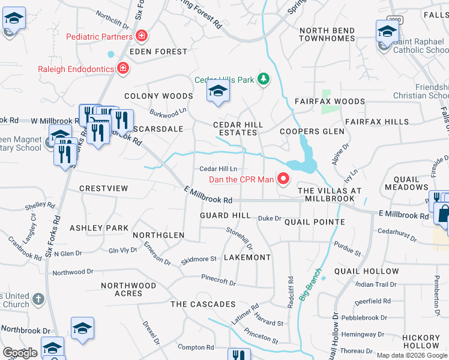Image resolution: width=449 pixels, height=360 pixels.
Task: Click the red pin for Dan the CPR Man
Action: pyautogui.click(x=283, y=179)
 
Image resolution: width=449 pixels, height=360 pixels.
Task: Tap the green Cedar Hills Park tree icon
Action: pyautogui.click(x=262, y=79)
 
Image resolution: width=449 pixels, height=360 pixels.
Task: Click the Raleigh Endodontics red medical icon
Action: pyautogui.click(x=123, y=68)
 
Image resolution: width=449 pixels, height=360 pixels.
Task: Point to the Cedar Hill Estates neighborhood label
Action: pyautogui.click(x=238, y=128)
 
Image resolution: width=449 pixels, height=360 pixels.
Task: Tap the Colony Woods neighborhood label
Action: pyautogui.click(x=158, y=96)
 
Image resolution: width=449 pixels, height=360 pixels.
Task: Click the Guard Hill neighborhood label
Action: pyautogui.click(x=225, y=215)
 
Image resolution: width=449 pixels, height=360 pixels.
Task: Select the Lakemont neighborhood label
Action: pyautogui.click(x=247, y=257)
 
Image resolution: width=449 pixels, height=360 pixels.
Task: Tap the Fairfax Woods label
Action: pyautogui.click(x=322, y=102)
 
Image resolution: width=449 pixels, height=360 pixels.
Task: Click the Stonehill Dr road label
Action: pyautogui.click(x=240, y=238)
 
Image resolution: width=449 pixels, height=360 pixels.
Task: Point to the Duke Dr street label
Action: pyautogui.click(x=270, y=218)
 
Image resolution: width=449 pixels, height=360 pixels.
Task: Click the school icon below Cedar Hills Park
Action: pyautogui.click(x=218, y=91)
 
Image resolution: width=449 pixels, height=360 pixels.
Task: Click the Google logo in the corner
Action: pyautogui.click(x=20, y=353)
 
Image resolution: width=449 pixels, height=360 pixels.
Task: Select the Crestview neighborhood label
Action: pyautogui.click(x=104, y=188)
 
